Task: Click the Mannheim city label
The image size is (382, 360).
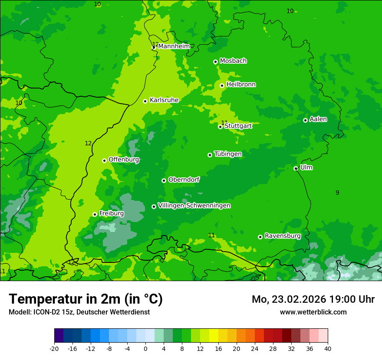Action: pyautogui.click(x=174, y=46)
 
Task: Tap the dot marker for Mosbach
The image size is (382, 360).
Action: pyautogui.click(x=215, y=62)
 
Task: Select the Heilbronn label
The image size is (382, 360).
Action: pyautogui.click(x=241, y=85)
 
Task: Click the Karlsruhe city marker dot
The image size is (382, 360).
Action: pyautogui.click(x=145, y=101)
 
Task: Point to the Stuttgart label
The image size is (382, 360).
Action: pyautogui.click(x=238, y=126)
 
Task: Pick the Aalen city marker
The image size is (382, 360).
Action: pyautogui.click(x=305, y=120)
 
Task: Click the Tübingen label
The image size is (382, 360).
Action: pyautogui.click(x=228, y=154)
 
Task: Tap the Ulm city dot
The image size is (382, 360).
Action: pyautogui.click(x=296, y=168)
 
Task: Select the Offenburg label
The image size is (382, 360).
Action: pyautogui.click(x=124, y=160)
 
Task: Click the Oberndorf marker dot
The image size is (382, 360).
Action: pyautogui.click(x=164, y=180)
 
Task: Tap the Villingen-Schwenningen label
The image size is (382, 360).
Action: pyautogui.click(x=194, y=206)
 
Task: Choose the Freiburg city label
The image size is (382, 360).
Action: pyautogui.click(x=111, y=213)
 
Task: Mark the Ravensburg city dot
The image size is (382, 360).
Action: pyautogui.click(x=260, y=237)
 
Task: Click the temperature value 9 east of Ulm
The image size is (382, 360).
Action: pyautogui.click(x=337, y=193)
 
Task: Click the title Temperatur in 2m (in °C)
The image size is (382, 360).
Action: pyautogui.click(x=86, y=299)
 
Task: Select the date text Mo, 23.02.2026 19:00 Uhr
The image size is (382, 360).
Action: pyautogui.click(x=313, y=299)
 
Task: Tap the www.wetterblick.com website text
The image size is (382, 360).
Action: pyautogui.click(x=313, y=312)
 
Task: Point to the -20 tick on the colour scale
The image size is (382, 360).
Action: pyautogui.click(x=54, y=348)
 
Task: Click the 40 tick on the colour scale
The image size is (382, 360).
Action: pyautogui.click(x=328, y=348)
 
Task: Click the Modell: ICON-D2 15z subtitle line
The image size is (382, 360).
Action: pyautogui.click(x=79, y=312)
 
